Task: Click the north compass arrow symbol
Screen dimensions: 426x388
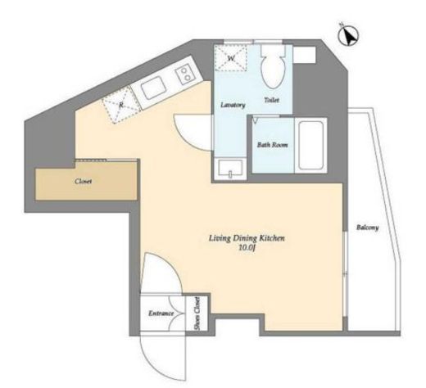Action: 348,36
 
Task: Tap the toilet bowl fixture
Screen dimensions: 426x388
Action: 273,66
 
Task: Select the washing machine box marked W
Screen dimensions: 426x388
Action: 231,58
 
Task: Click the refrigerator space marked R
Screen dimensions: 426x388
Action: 121,105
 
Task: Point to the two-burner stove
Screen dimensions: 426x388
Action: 184,74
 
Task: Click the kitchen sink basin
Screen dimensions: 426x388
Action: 154,88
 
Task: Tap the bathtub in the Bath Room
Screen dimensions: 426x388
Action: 311,145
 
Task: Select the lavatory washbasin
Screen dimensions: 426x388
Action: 230,169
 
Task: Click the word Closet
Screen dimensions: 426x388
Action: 84,181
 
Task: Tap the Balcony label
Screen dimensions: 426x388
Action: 368,228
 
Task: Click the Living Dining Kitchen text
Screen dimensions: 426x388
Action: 247,238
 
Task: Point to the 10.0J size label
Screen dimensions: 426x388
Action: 247,248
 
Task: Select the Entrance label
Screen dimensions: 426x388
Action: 161,314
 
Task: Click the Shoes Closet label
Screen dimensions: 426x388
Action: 197,314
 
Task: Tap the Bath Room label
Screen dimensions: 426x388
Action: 272,145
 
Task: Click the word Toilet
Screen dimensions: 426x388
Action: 272,100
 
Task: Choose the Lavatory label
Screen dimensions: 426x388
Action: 233,105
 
